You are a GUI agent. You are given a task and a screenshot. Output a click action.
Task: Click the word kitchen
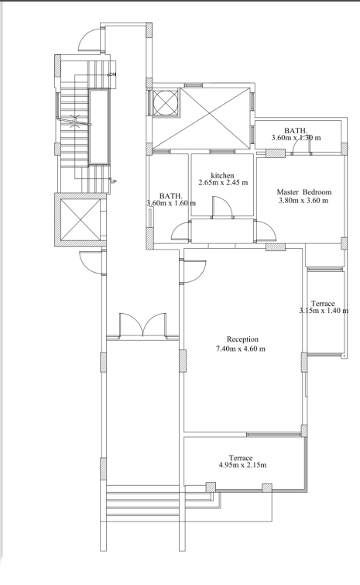pos(222,175)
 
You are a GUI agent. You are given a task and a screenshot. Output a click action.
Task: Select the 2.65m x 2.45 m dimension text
pos(222,183)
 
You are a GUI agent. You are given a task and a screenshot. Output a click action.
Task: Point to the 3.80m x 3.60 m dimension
pos(303,200)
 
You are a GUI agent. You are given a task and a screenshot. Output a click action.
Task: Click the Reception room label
pos(242,339)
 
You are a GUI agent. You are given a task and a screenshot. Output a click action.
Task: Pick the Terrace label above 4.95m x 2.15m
pos(241,458)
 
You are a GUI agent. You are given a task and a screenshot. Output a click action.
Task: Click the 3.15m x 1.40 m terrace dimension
pos(324,311)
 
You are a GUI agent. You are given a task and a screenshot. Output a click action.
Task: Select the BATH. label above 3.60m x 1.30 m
pos(296,130)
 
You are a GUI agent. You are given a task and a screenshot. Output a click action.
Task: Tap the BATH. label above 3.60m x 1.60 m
pos(170,196)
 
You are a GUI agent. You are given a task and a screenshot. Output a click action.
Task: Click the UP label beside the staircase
pos(114,182)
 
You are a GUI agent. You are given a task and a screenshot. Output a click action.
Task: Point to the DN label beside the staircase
pos(112,74)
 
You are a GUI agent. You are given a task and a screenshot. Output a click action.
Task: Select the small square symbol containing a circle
pos(165,102)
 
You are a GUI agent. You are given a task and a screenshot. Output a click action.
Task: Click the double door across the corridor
pos(142,325)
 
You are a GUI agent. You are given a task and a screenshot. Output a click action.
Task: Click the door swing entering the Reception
pos(194,269)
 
